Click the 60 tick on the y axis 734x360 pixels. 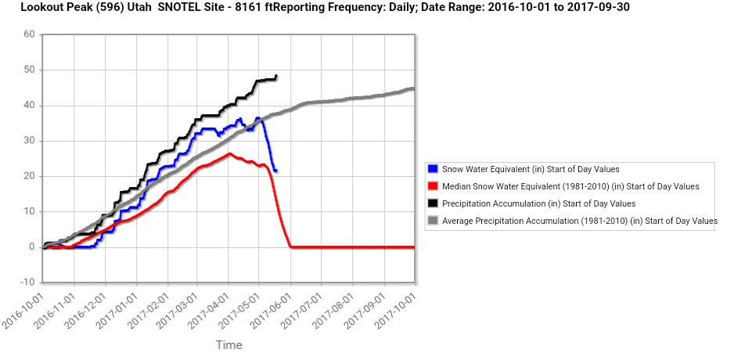29,34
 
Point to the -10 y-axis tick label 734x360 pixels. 27,282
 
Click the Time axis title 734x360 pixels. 228,344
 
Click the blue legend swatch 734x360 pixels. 433,169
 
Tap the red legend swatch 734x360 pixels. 433,186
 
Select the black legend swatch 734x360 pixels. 433,203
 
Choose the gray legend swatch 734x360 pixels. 433,221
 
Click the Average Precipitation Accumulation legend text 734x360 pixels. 580,221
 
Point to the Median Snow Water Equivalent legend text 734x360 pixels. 570,186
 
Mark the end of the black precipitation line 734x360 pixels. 277,76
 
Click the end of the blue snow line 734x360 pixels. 276,171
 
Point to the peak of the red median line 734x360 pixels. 229,153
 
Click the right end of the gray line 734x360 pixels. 413,88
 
